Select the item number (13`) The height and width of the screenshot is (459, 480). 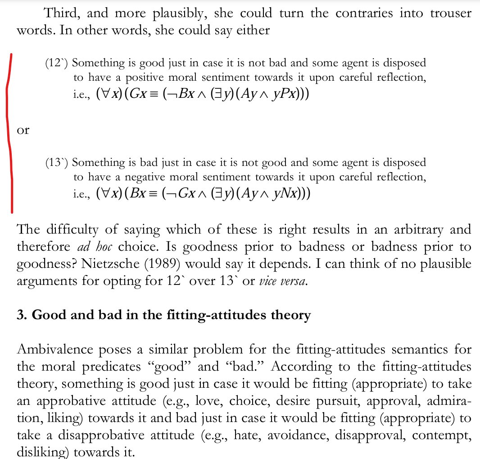pyautogui.click(x=56, y=162)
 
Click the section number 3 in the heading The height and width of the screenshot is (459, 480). pyautogui.click(x=19, y=315)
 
